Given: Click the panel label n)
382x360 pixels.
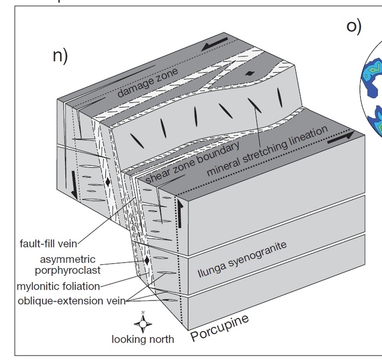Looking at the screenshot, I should click(x=59, y=56).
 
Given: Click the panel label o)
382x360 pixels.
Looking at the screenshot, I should click(x=354, y=27).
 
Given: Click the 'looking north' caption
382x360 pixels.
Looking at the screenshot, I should click(x=142, y=339).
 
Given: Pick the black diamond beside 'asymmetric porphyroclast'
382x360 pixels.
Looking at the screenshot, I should click(x=147, y=261).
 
